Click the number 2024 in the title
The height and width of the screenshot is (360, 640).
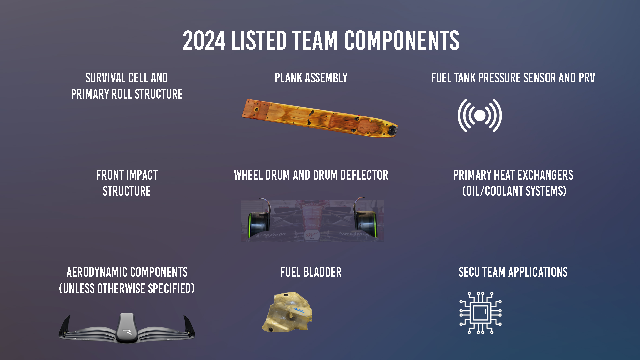pyautogui.click(x=204, y=41)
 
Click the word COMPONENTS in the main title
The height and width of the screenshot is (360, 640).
pyautogui.click(x=401, y=41)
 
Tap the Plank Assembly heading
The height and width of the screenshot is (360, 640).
pyautogui.click(x=311, y=78)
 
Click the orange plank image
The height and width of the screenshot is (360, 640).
pyautogui.click(x=319, y=118)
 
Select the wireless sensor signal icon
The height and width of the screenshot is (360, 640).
pyautogui.click(x=480, y=116)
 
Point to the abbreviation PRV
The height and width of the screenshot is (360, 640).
pyautogui.click(x=587, y=78)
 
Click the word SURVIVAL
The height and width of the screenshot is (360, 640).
pyautogui.click(x=105, y=78)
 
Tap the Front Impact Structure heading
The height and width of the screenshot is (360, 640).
pyautogui.click(x=127, y=183)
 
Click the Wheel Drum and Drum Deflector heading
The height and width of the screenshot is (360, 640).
pyautogui.click(x=311, y=175)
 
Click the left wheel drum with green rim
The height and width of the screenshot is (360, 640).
pyautogui.click(x=258, y=223)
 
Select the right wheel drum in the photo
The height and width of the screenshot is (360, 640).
pyautogui.click(x=366, y=221)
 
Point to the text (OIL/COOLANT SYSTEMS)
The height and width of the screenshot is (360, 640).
pyautogui.click(x=514, y=191)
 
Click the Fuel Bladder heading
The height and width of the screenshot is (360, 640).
pyautogui.click(x=311, y=272)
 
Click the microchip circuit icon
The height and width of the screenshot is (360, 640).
pyautogui.click(x=480, y=313)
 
